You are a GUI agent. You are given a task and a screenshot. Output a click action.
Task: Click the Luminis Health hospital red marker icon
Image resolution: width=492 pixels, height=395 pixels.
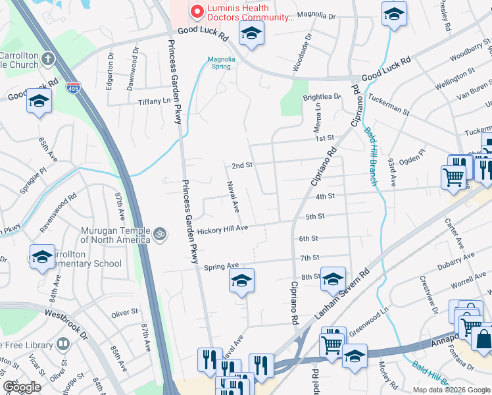(x=195, y=12)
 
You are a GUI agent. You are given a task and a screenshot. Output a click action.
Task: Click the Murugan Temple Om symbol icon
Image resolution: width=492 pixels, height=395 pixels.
(x=159, y=234)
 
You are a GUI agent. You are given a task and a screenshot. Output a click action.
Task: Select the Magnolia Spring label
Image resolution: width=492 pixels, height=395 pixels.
(x=222, y=62)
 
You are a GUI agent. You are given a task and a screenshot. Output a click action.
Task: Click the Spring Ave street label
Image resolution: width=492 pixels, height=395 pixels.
(x=221, y=267)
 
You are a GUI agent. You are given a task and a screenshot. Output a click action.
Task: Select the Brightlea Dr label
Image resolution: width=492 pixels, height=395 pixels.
(x=322, y=97)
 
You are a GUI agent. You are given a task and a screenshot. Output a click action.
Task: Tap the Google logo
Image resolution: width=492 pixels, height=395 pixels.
(x=22, y=387)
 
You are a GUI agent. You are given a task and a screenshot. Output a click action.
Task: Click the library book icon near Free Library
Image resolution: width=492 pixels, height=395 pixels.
(x=63, y=344)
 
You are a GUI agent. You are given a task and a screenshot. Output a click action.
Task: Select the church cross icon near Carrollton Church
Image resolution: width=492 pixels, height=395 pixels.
(x=47, y=59)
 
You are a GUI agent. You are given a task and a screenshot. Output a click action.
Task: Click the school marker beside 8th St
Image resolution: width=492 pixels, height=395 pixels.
(x=333, y=280)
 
